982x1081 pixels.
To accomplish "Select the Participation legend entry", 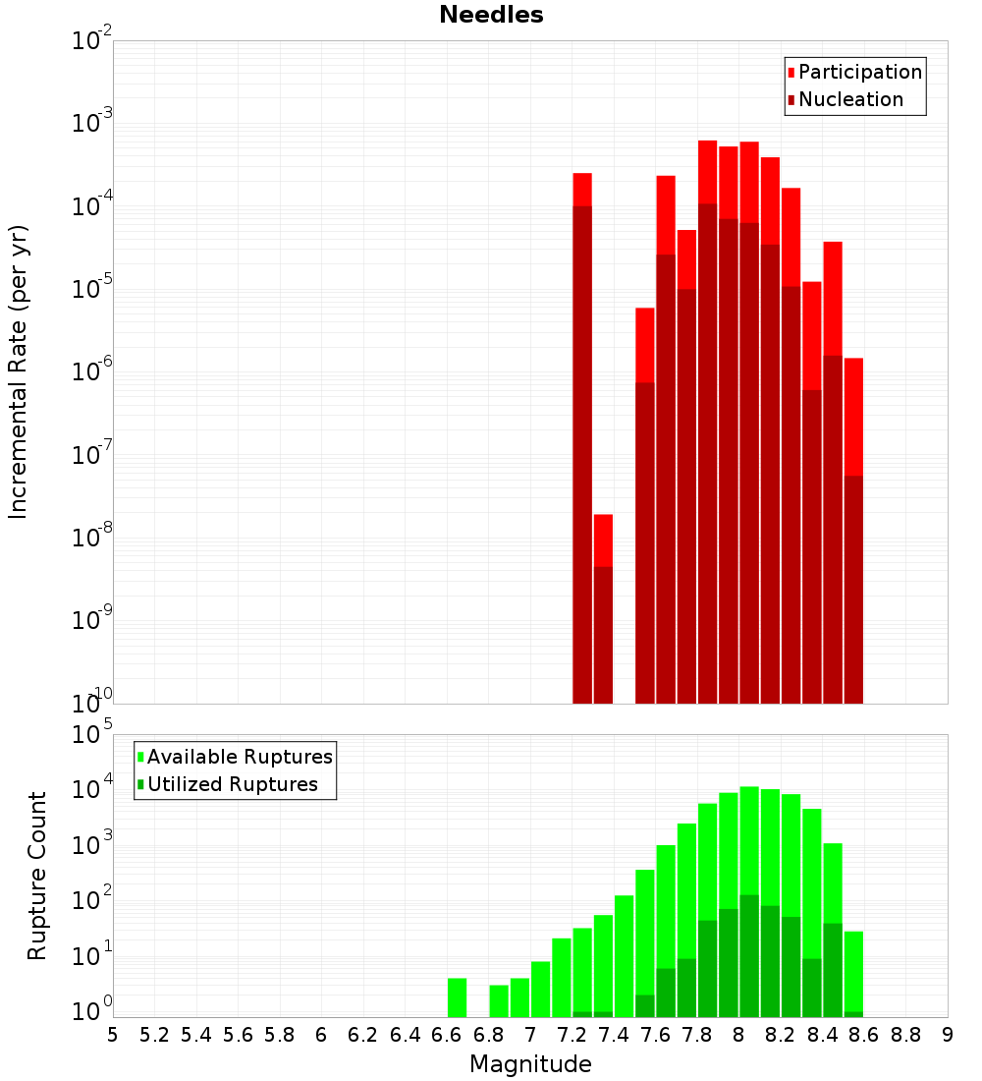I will coord(859,72).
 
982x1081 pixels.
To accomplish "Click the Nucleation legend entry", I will coord(849,99).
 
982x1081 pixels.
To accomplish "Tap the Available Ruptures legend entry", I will coord(239,757).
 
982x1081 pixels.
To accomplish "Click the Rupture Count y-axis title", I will coord(37,876).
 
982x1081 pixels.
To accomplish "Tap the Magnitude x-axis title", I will coord(530,1064).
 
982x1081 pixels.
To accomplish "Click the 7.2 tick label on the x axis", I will coord(572,1035).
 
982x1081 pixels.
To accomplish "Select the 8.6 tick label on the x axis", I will coord(864,1035).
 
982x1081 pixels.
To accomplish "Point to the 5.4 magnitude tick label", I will coord(196,1035).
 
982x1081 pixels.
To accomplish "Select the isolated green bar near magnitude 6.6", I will coord(457,996).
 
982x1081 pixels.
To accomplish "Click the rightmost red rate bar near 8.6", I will coord(853,531).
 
